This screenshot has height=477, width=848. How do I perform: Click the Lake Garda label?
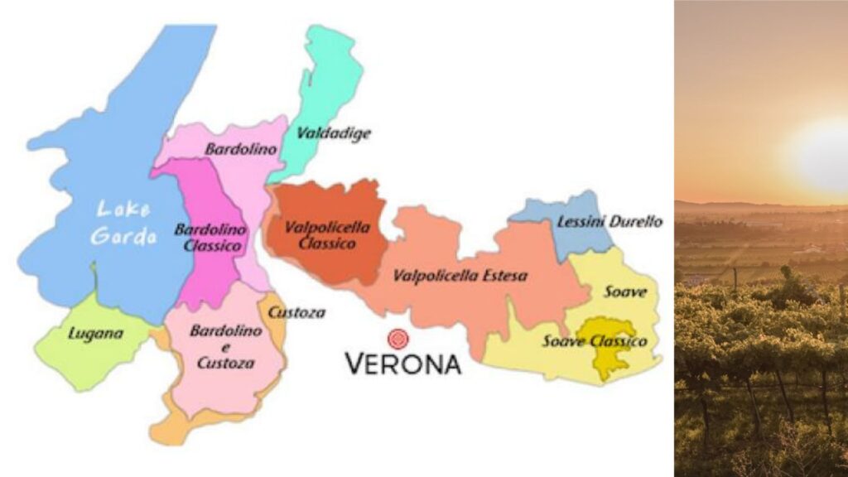click(x=123, y=223)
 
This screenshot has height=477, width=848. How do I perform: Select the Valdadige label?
click(x=335, y=132)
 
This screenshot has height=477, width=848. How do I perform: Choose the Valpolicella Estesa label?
click(x=460, y=276)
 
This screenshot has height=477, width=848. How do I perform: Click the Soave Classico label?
click(x=595, y=341)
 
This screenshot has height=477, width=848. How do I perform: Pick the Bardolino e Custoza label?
click(x=225, y=346)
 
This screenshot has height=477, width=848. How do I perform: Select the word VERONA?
click(x=402, y=364)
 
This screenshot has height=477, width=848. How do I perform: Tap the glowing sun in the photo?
click(x=820, y=153)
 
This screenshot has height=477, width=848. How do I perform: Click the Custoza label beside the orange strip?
click(x=295, y=313)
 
